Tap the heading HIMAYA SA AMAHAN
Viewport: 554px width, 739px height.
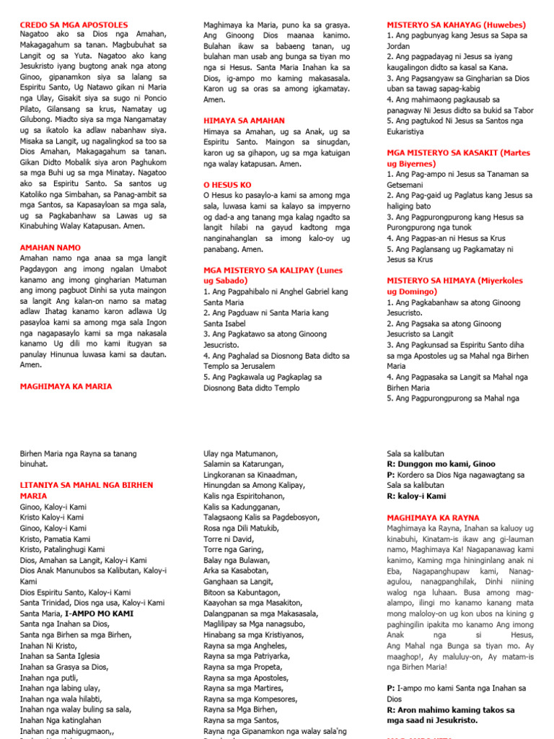click(x=244, y=121)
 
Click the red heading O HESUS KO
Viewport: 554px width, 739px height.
click(x=227, y=185)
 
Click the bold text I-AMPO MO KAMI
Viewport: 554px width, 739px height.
click(x=99, y=613)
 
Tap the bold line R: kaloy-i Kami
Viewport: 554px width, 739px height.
click(x=416, y=496)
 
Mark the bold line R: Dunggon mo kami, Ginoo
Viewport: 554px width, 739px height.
click(x=441, y=464)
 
